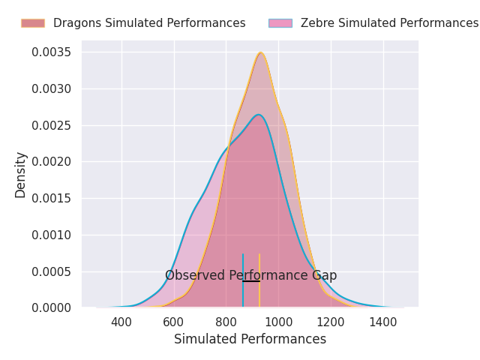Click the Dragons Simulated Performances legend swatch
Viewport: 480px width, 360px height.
tap(33, 23)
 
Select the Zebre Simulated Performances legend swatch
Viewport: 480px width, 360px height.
tap(280, 23)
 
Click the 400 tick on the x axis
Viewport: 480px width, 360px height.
tap(121, 322)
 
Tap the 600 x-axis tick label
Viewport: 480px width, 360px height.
tap(174, 322)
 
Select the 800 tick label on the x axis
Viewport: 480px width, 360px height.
tap(226, 322)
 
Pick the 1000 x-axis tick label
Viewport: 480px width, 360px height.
tap(278, 322)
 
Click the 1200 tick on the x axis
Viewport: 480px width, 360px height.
tap(331, 322)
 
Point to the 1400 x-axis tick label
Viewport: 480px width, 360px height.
tap(383, 322)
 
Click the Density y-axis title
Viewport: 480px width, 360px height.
tap(21, 174)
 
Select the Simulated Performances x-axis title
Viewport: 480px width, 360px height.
tap(250, 340)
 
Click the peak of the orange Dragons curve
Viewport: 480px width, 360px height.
tap(260, 52)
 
